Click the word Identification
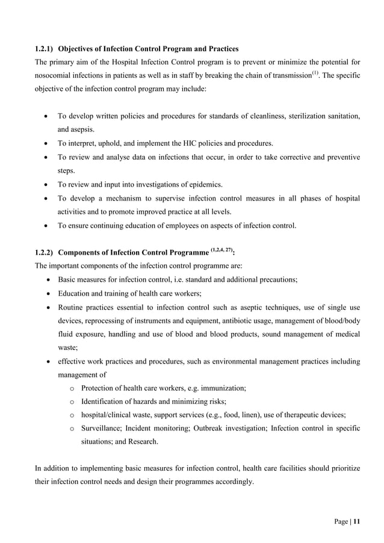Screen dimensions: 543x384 click(x=104, y=402)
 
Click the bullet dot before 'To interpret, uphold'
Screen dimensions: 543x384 click(x=47, y=144)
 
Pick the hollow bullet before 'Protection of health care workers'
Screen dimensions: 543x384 click(x=71, y=388)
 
